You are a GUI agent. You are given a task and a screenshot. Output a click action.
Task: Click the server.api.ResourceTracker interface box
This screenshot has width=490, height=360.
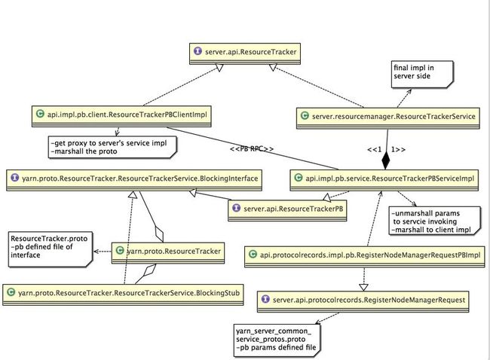tap(245, 53)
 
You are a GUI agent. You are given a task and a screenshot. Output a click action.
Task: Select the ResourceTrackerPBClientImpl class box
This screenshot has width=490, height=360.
tap(121, 116)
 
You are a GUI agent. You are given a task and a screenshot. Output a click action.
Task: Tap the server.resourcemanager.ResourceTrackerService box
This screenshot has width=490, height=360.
tap(387, 118)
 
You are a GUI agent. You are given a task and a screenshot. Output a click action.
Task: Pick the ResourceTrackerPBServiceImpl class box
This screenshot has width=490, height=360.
tap(384, 180)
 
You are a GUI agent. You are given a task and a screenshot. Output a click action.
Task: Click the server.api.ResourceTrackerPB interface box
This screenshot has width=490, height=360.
tap(287, 211)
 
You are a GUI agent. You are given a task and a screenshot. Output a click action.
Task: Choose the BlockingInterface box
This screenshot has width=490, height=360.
tap(134, 180)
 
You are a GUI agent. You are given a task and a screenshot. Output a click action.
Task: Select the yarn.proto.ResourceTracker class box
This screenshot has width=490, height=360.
tap(168, 253)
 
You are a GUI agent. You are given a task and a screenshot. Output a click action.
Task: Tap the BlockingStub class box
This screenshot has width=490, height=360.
tap(123, 294)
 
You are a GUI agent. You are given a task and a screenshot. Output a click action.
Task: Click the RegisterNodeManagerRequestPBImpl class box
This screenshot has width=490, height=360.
tap(364, 257)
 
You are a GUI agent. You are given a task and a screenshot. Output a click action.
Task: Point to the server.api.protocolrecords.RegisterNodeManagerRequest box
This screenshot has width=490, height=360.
tap(363, 301)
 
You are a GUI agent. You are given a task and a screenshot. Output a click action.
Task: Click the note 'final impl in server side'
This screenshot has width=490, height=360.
tap(422, 75)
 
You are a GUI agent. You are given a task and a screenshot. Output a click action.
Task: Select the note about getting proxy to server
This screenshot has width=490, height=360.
tap(112, 147)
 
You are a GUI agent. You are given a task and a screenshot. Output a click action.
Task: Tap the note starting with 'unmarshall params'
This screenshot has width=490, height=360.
tap(435, 221)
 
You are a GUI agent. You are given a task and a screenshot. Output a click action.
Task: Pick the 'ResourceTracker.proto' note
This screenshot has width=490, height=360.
tap(51, 249)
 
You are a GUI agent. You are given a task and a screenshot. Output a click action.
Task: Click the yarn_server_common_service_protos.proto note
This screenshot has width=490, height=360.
tap(277, 340)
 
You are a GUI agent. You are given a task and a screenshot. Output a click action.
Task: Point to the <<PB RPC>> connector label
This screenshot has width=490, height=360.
tap(252, 149)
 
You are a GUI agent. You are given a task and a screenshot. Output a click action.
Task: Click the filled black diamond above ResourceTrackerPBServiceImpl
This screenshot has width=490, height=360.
tap(386, 160)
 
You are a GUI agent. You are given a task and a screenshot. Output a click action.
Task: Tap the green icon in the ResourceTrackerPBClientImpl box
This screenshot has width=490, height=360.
tap(40, 114)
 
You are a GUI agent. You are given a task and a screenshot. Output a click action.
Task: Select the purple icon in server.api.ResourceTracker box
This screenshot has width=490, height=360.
tap(198, 51)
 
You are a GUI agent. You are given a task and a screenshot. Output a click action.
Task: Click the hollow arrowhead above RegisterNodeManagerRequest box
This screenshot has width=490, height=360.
tap(363, 287)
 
